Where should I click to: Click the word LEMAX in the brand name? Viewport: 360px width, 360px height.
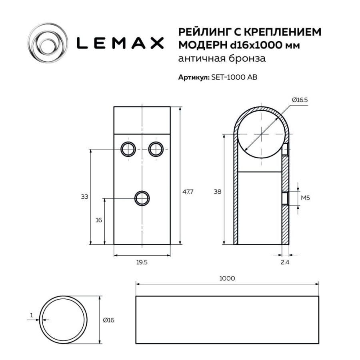(x=120, y=43)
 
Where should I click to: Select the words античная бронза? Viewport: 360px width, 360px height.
(x=222, y=58)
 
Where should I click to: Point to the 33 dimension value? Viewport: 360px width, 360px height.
(x=84, y=197)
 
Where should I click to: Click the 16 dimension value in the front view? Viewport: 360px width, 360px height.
(x=99, y=220)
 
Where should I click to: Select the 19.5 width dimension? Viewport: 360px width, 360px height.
(x=142, y=262)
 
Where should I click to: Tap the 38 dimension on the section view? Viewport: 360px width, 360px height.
(x=217, y=192)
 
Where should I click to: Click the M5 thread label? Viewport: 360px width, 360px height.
(x=306, y=198)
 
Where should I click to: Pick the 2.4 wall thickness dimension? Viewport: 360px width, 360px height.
(x=285, y=262)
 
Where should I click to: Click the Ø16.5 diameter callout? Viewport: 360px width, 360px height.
(x=300, y=100)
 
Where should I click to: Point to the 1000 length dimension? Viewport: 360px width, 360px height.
(x=227, y=278)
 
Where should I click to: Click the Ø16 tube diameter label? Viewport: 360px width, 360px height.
(x=108, y=320)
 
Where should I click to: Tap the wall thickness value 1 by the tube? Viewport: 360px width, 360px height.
(x=31, y=315)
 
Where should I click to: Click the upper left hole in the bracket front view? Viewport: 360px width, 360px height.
(x=128, y=149)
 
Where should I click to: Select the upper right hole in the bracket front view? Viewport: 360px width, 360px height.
(x=156, y=149)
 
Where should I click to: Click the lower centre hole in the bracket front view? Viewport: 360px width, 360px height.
(x=142, y=198)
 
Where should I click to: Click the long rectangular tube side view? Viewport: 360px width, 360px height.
(x=227, y=320)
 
